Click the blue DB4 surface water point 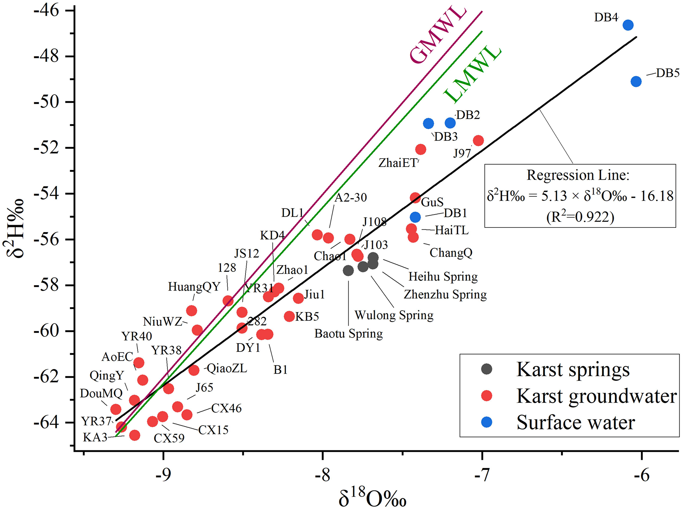click(x=628, y=25)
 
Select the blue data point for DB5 click(x=636, y=81)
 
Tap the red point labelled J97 click(x=478, y=141)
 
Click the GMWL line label click(x=438, y=35)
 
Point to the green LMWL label click(x=472, y=75)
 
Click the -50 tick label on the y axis click(x=46, y=102)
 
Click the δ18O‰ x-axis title click(x=372, y=498)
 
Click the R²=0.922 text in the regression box click(x=580, y=217)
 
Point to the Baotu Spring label click(x=349, y=334)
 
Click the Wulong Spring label click(x=394, y=315)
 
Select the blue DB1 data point click(x=415, y=217)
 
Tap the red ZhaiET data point click(x=420, y=149)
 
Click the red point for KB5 click(x=289, y=316)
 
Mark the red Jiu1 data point click(x=298, y=298)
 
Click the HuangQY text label click(x=194, y=286)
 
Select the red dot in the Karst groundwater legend click(x=487, y=396)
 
